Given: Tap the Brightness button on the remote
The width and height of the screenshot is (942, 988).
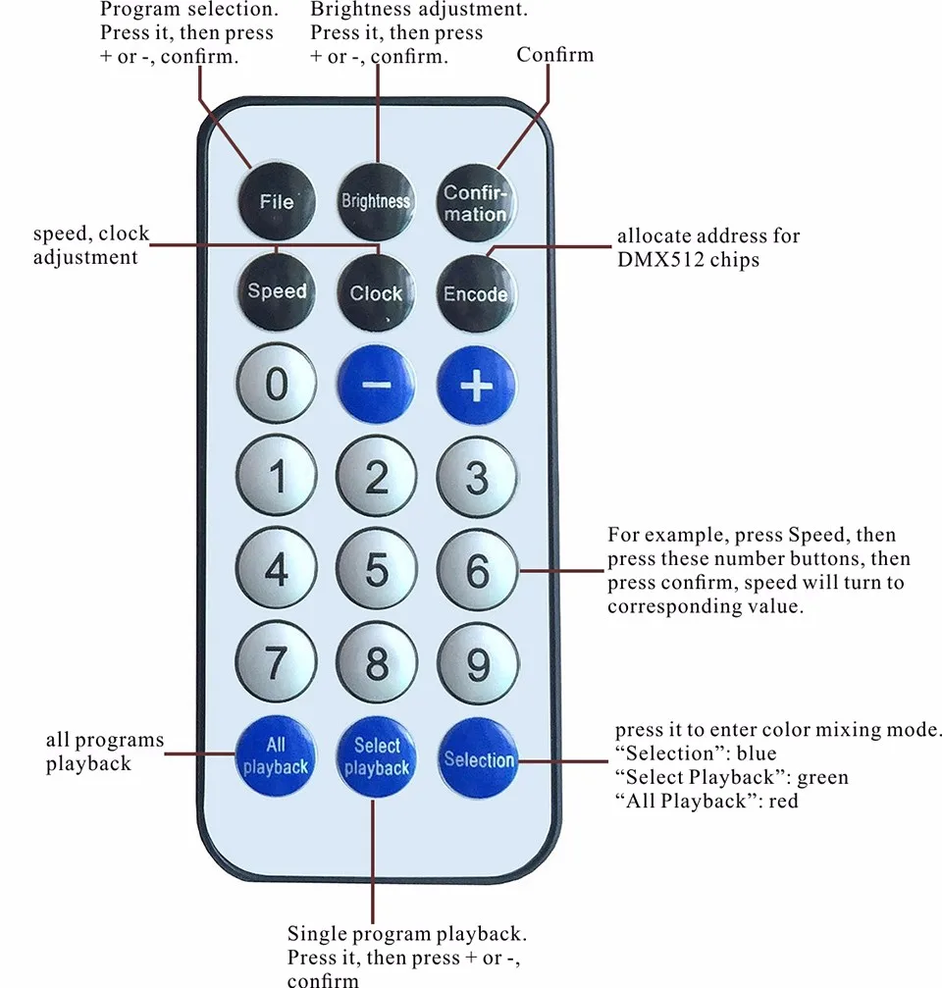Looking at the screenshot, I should click(x=376, y=200).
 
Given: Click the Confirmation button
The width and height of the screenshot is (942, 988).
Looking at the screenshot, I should click(x=476, y=202).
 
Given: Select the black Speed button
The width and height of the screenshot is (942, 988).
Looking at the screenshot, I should click(x=277, y=290).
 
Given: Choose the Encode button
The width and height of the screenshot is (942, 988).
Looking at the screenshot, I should click(x=476, y=293).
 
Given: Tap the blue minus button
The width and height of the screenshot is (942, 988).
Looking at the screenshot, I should click(x=376, y=386).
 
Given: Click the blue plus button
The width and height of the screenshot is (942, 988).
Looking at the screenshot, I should click(x=477, y=386).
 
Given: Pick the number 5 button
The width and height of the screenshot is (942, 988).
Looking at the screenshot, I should click(x=377, y=570).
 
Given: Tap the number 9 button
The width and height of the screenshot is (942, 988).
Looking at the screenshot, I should click(x=477, y=664).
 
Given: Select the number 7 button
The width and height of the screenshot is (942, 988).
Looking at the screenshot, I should click(x=277, y=664).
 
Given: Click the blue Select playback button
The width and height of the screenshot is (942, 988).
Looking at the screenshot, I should click(x=376, y=757).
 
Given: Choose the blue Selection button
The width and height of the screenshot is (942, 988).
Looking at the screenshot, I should click(x=478, y=759).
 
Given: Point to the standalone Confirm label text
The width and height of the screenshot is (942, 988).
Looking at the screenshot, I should click(x=554, y=54).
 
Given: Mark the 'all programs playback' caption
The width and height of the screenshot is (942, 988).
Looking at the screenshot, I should click(x=105, y=752).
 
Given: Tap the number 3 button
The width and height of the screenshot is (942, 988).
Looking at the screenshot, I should click(x=477, y=478).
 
